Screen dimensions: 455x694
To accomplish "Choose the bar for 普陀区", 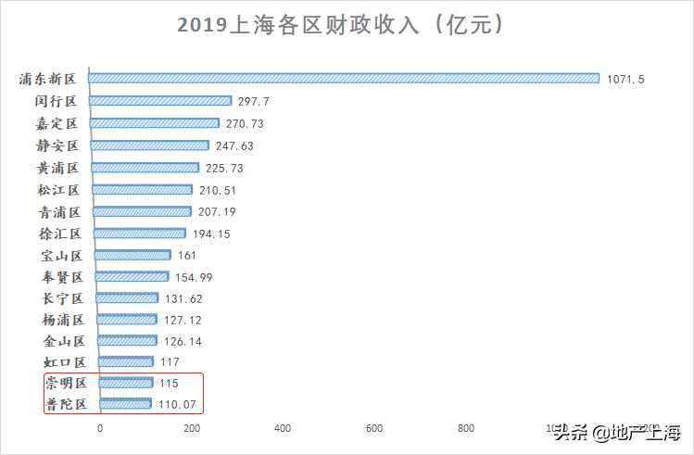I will pyautogui.click(x=124, y=404).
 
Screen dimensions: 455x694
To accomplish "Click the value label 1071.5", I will pyautogui.click(x=625, y=80).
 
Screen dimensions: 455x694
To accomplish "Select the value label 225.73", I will pyautogui.click(x=224, y=168).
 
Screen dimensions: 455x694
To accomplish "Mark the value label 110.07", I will pyautogui.click(x=176, y=405).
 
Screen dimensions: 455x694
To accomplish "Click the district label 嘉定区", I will pyautogui.click(x=59, y=123).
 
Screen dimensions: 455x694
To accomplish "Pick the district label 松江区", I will pyautogui.click(x=59, y=189).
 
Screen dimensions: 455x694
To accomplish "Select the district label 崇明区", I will pyautogui.click(x=64, y=382).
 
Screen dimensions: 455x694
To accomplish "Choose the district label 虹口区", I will pyautogui.click(x=64, y=361).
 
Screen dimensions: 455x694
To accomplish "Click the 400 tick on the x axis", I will pyautogui.click(x=284, y=428).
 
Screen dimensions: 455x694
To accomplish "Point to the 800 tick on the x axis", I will pyautogui.click(x=466, y=428).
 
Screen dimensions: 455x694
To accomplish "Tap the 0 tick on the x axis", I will pyautogui.click(x=100, y=428).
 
